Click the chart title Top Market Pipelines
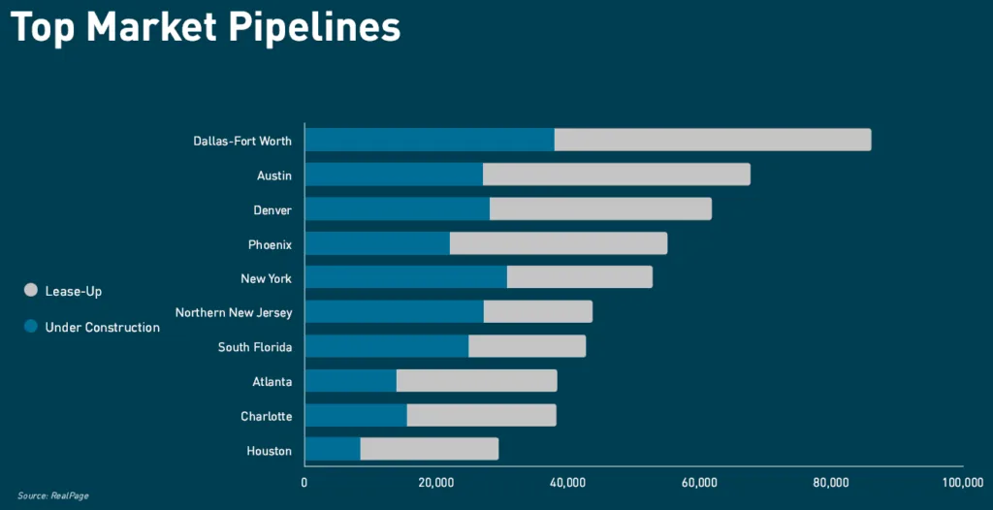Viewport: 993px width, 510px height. [x=205, y=27]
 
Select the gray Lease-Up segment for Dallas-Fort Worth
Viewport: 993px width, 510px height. [x=713, y=140]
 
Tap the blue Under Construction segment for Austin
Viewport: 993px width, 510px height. [x=394, y=175]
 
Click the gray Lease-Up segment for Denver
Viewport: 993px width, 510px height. [x=600, y=208]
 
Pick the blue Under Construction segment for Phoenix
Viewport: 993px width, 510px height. [x=377, y=243]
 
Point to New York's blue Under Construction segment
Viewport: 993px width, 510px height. [x=405, y=277]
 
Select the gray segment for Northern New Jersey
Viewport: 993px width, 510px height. [x=538, y=312]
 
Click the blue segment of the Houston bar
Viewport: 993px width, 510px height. [x=333, y=449]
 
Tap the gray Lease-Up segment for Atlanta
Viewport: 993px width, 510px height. [x=476, y=380]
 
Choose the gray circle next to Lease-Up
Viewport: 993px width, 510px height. [x=30, y=290]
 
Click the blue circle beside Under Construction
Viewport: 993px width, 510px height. [x=30, y=327]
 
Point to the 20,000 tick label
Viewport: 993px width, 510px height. [x=436, y=482]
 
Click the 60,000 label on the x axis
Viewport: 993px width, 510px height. [x=699, y=482]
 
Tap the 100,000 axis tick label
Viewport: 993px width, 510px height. [x=961, y=482]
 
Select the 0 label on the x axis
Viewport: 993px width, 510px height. [x=304, y=482]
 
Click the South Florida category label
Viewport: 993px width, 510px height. [x=255, y=347]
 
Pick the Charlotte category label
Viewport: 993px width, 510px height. [x=266, y=416]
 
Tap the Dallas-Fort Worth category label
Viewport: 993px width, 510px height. [x=242, y=141]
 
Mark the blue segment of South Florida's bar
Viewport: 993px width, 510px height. [x=387, y=346]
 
